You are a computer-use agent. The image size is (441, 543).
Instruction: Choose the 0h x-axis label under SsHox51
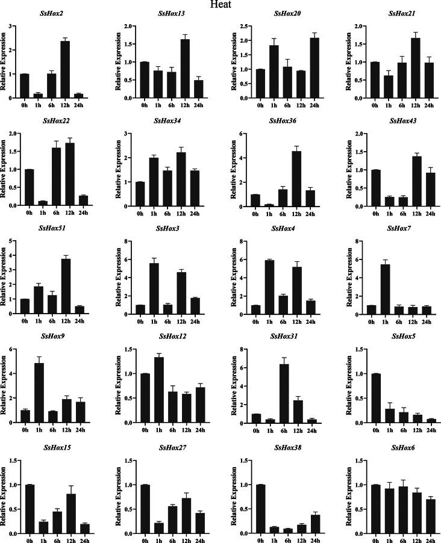coord(25,320)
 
